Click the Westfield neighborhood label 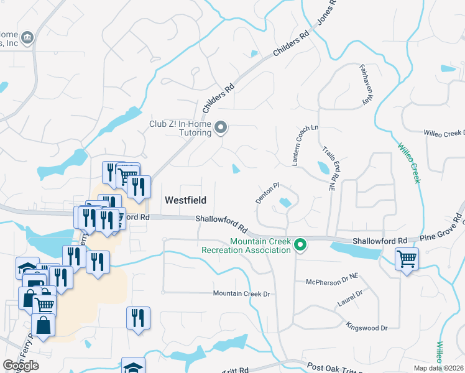185,200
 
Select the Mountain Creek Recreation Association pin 300,246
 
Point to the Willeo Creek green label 408,161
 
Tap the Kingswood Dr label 367,327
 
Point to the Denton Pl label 269,193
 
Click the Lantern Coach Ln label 305,145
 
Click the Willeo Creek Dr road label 444,133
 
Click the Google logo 21,365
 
